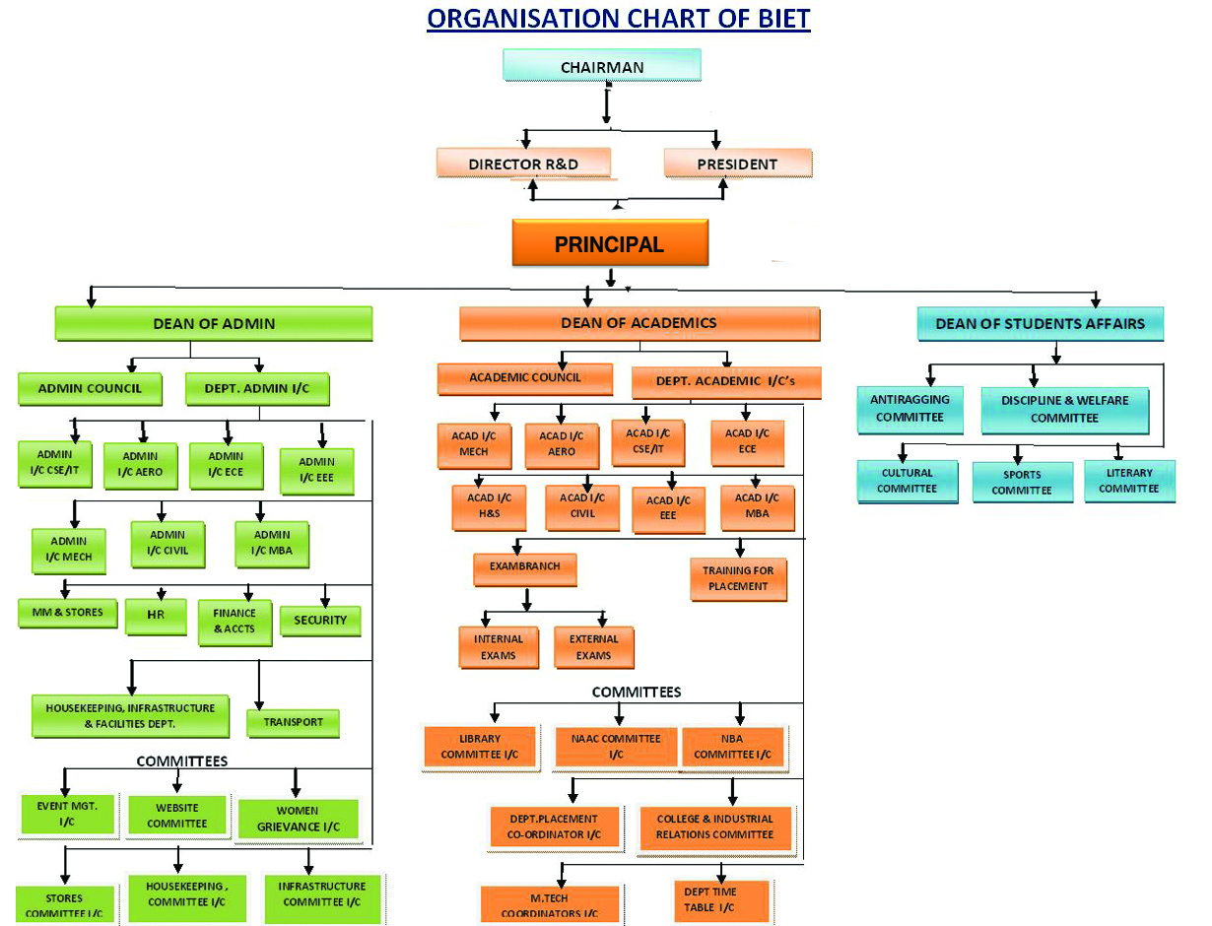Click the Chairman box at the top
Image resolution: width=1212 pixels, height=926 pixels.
[x=602, y=66]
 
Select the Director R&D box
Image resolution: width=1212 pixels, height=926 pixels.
[x=523, y=164]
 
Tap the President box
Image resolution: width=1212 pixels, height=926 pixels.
[x=737, y=164]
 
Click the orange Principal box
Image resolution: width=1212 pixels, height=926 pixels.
[x=610, y=243]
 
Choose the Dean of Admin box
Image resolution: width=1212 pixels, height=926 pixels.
[x=214, y=323]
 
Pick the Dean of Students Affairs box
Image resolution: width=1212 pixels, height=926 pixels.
[x=1040, y=323]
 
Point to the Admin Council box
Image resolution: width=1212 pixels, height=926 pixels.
[x=90, y=388]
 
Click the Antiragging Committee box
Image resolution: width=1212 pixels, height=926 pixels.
[x=909, y=409]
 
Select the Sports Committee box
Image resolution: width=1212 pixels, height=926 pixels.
[x=1022, y=482]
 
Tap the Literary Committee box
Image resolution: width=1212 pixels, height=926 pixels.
[x=1129, y=481]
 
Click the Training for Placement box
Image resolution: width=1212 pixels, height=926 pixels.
[x=738, y=578]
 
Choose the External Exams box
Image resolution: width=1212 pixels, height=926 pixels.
[x=594, y=647]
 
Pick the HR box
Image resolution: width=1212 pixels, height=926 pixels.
[x=155, y=615]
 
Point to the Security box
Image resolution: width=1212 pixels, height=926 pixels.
[x=320, y=620]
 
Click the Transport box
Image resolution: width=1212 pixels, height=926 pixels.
[x=293, y=722]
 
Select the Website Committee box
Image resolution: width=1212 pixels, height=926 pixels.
[x=177, y=816]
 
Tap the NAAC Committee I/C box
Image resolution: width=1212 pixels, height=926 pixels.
[x=616, y=746]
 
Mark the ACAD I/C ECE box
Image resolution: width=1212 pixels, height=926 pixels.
[x=747, y=441]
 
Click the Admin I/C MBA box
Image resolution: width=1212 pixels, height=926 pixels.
[x=272, y=543]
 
